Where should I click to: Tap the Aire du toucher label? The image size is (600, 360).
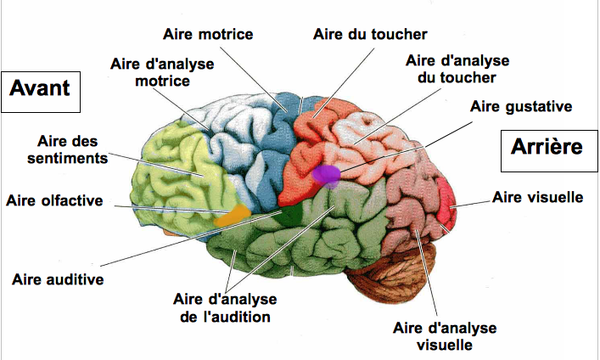[x=369, y=34]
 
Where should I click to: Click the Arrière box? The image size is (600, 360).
[x=546, y=147]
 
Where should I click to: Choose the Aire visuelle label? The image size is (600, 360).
[x=537, y=198]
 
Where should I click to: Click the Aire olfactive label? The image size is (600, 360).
[x=53, y=200]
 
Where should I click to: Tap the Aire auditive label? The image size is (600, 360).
[x=58, y=278]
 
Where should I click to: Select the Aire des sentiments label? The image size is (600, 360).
[x=72, y=149]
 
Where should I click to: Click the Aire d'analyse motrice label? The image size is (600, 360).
[x=162, y=72]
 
